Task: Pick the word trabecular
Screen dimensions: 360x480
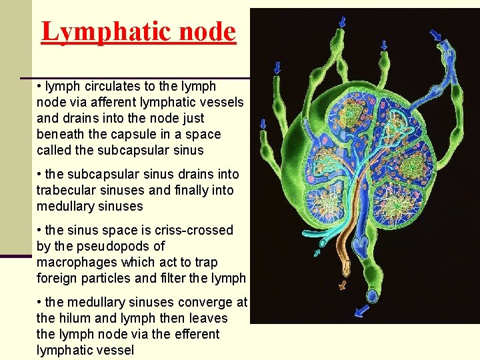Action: pos(66,190)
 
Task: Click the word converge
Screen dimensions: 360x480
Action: pos(199,303)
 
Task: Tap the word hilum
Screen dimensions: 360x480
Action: pos(73,318)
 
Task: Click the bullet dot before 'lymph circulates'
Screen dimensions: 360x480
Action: pos(40,87)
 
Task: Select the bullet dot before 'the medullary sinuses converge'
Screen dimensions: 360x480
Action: pos(40,303)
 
